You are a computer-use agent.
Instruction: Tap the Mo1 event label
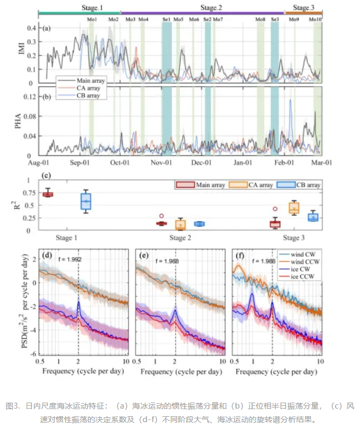point(92,20)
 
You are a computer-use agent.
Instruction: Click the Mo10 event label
point(316,20)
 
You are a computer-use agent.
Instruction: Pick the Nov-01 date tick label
point(161,162)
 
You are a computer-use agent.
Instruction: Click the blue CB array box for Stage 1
point(86,200)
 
